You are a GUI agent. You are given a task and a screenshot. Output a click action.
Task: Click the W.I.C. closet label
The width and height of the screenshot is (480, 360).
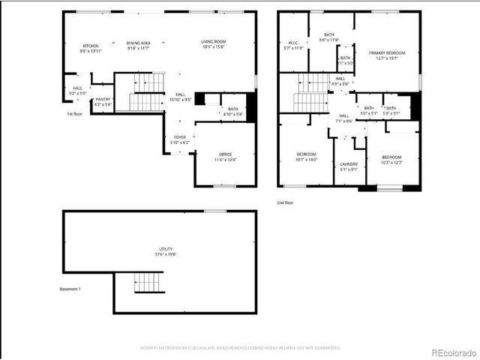(294, 45)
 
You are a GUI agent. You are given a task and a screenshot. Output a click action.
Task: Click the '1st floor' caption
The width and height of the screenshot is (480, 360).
(73, 114)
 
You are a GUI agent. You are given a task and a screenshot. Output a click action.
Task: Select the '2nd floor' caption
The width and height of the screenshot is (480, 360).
(286, 202)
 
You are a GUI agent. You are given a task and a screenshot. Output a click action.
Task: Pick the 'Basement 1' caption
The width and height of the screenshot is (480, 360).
(70, 289)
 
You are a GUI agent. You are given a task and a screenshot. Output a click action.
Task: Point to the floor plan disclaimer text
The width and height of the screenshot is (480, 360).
(240, 347)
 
